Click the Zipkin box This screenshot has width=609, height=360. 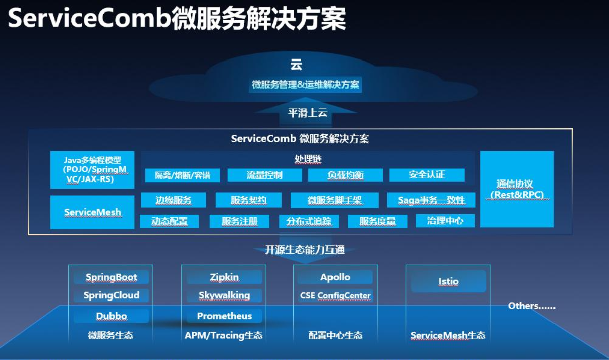coord(224,277)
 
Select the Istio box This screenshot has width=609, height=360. coord(448,281)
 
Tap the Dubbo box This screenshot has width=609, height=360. coord(111,316)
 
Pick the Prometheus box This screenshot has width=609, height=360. coord(224,316)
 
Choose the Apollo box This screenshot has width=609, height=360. coord(335,277)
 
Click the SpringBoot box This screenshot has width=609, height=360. coord(111,277)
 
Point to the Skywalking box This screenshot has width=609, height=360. coord(224,295)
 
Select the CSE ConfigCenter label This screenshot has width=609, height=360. coord(335,296)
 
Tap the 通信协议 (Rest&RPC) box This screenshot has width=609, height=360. coord(517,189)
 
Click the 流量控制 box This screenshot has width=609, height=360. coord(264,175)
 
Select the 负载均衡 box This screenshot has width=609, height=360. coord(346,175)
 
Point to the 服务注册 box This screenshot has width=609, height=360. coord(240,221)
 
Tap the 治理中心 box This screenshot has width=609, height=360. coord(445,221)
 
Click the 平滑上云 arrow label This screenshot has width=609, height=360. coord(308,113)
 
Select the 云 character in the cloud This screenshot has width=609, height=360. coord(296,65)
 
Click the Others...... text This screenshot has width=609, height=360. coord(531,306)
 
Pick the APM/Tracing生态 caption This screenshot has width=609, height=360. coord(224,335)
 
